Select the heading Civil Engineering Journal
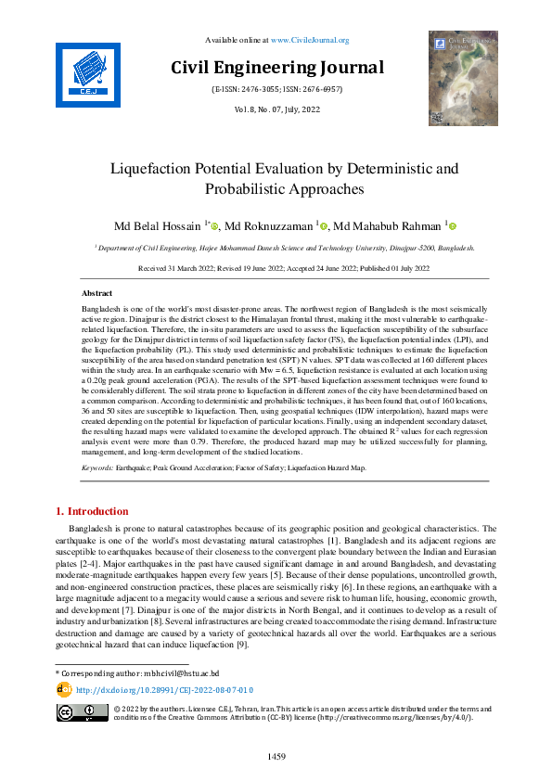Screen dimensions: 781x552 pos(276,67)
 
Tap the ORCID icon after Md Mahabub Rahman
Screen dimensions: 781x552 pos(453,226)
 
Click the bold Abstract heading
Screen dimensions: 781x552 pos(97,292)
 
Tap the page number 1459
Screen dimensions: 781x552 pos(276,758)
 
